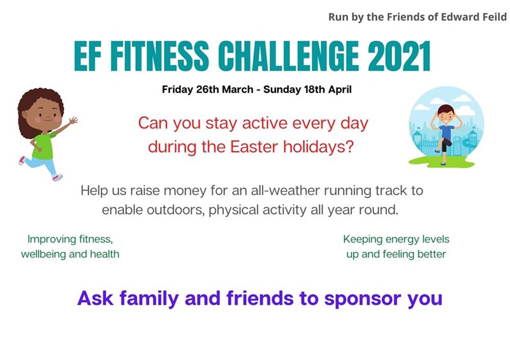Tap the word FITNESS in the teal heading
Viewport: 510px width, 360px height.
[159, 55]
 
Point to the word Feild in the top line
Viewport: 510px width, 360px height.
[492, 17]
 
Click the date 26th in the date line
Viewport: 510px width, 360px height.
[208, 89]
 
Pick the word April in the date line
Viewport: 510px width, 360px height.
[340, 90]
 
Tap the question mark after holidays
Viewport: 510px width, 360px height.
[349, 147]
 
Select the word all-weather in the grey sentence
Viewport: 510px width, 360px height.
[285, 191]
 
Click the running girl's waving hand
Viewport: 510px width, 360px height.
[73, 120]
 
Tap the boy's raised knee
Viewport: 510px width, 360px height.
[449, 143]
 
